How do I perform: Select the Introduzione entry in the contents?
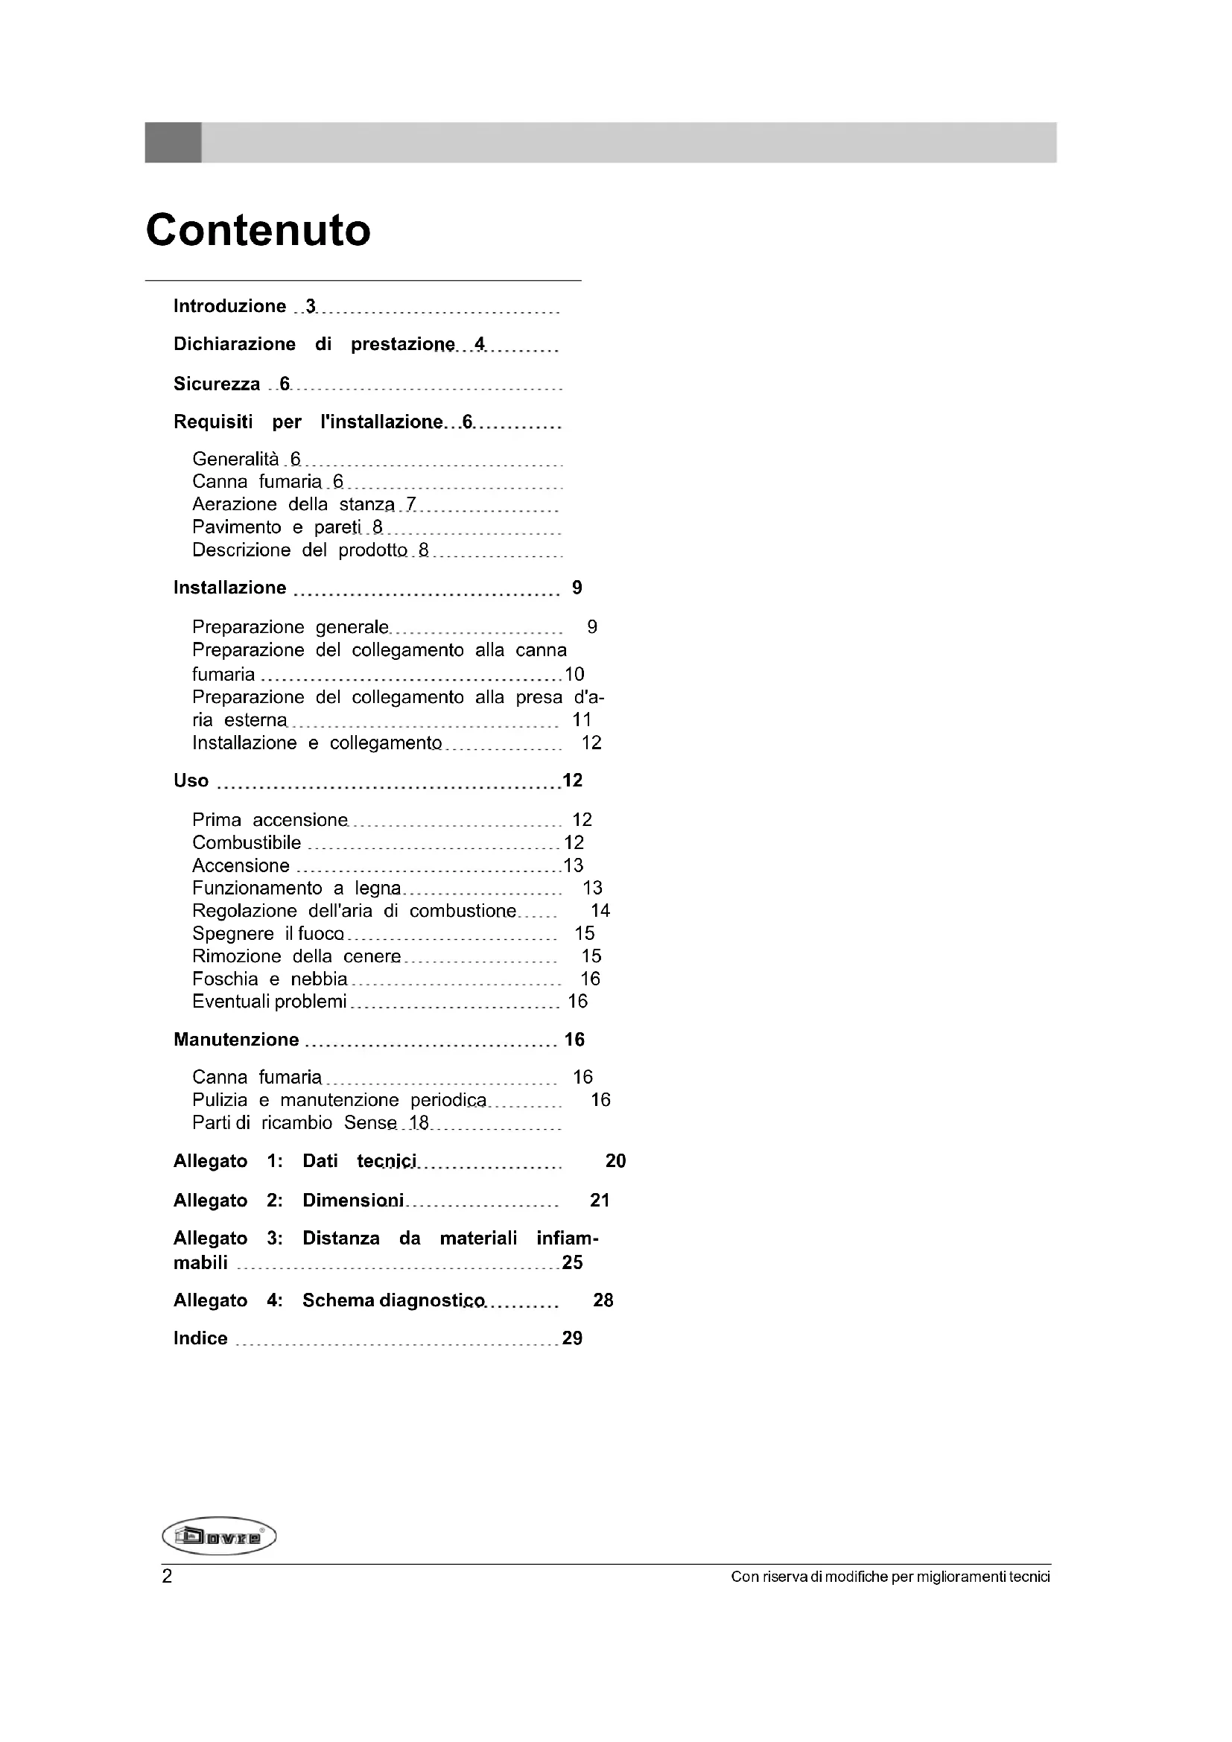(x=229, y=307)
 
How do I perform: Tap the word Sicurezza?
(x=216, y=384)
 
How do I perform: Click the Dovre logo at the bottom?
(x=219, y=1537)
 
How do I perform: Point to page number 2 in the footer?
(x=167, y=1577)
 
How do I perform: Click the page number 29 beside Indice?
(x=572, y=1338)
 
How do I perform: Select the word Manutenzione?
(x=236, y=1040)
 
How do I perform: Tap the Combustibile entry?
(x=247, y=843)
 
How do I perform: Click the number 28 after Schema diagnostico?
(x=603, y=1300)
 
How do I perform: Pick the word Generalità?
(x=235, y=460)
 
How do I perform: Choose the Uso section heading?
(x=191, y=781)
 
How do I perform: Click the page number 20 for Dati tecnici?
(x=615, y=1161)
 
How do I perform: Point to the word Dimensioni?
(x=353, y=1201)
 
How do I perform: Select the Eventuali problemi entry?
(x=270, y=1002)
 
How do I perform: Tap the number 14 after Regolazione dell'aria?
(x=600, y=910)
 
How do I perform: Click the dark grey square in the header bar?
(x=173, y=143)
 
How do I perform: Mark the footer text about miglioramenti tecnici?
(x=890, y=1577)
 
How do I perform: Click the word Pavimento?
(x=236, y=527)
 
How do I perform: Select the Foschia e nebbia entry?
(x=270, y=979)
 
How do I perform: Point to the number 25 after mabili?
(x=572, y=1262)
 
